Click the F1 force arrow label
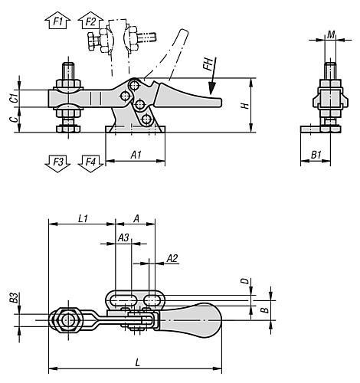[58, 21]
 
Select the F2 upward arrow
[90, 21]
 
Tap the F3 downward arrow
[58, 163]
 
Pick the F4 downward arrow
[90, 163]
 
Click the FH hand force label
[208, 64]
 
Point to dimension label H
[246, 106]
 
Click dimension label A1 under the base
[136, 155]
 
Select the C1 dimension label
[15, 98]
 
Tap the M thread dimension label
[331, 35]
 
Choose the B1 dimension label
[316, 155]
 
